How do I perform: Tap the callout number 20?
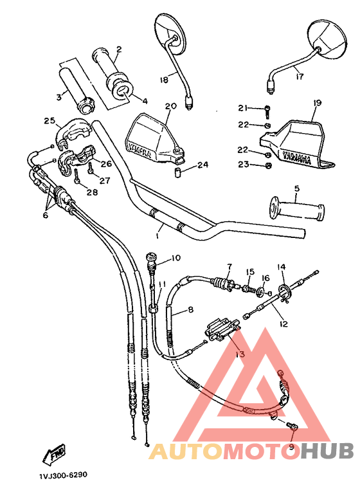point(170,106)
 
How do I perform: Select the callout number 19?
point(317,103)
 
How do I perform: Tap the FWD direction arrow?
point(56,455)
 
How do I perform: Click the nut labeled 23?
point(269,165)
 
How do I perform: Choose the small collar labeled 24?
point(181,172)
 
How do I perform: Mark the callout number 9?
point(291,446)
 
